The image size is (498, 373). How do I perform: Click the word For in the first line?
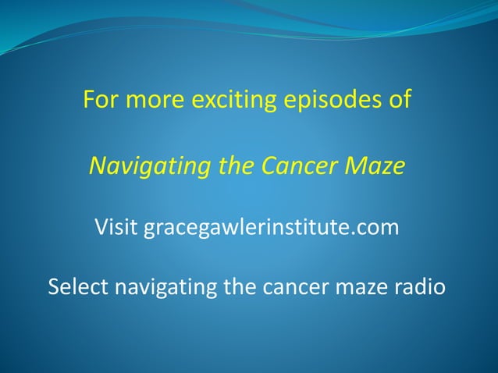pos(100,101)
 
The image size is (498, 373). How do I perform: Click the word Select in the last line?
pos(80,287)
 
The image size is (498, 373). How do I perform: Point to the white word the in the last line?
pos(242,287)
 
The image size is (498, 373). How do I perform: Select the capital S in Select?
pos(55,287)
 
